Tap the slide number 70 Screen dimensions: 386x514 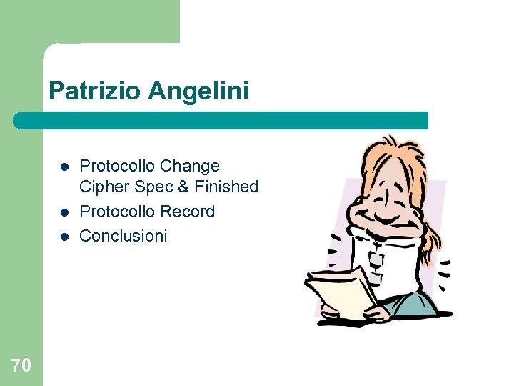21,366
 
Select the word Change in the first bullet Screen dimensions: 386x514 190,167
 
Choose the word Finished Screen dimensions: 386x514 225,187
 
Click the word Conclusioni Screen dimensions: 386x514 123,236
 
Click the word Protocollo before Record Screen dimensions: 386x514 117,212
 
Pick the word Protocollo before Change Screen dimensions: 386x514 117,167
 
